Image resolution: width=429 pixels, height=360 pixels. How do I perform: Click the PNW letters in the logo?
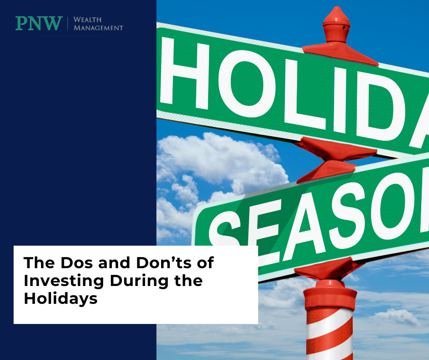[x=39, y=23]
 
